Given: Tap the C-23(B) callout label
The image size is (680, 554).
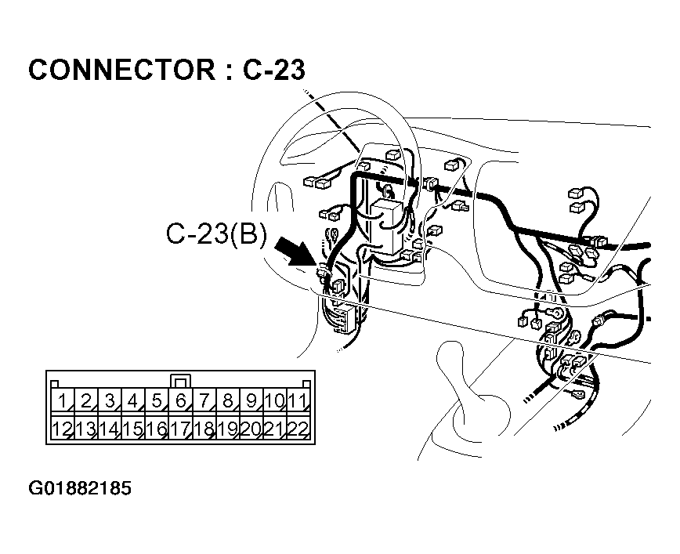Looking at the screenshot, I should coord(216,236).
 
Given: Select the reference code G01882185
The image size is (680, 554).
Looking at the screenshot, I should coord(79,489).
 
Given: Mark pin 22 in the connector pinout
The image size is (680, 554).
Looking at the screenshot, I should coord(296,429).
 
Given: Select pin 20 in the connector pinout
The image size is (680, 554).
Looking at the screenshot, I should coord(251,429).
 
